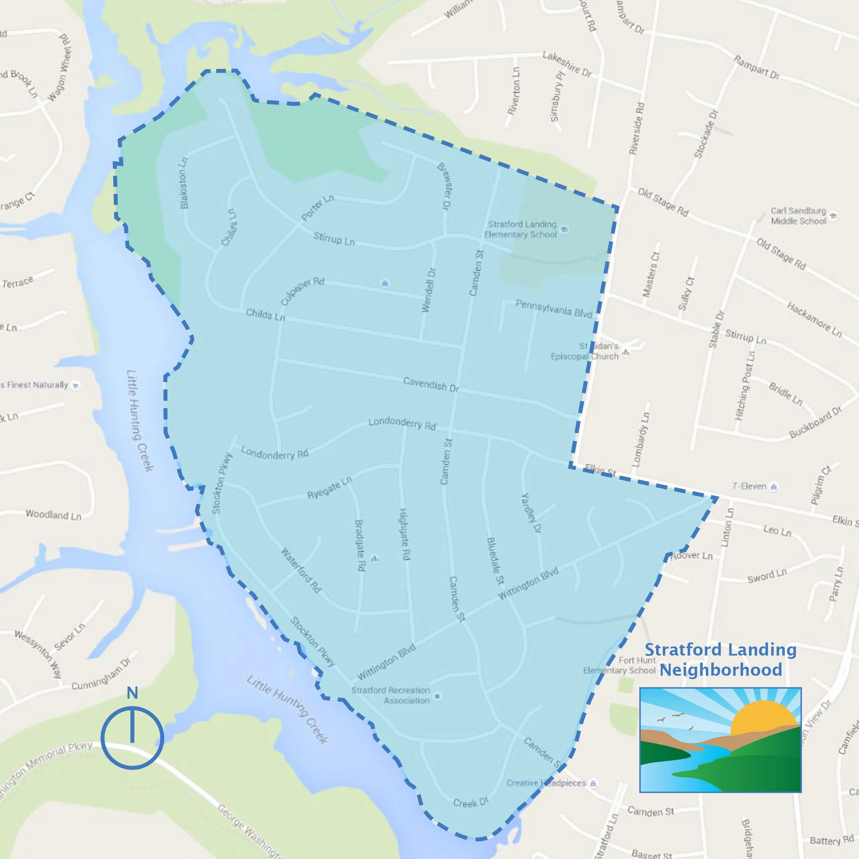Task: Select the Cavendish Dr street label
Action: click(x=431, y=384)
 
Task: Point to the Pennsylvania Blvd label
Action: click(x=554, y=309)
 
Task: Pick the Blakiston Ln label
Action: click(x=183, y=183)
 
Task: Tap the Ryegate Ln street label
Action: click(x=330, y=487)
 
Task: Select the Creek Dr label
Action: click(x=470, y=801)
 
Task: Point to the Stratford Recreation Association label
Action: click(x=391, y=695)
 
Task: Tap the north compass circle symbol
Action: click(x=132, y=738)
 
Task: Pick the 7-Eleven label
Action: click(x=749, y=487)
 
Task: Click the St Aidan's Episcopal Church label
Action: click(x=585, y=351)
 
